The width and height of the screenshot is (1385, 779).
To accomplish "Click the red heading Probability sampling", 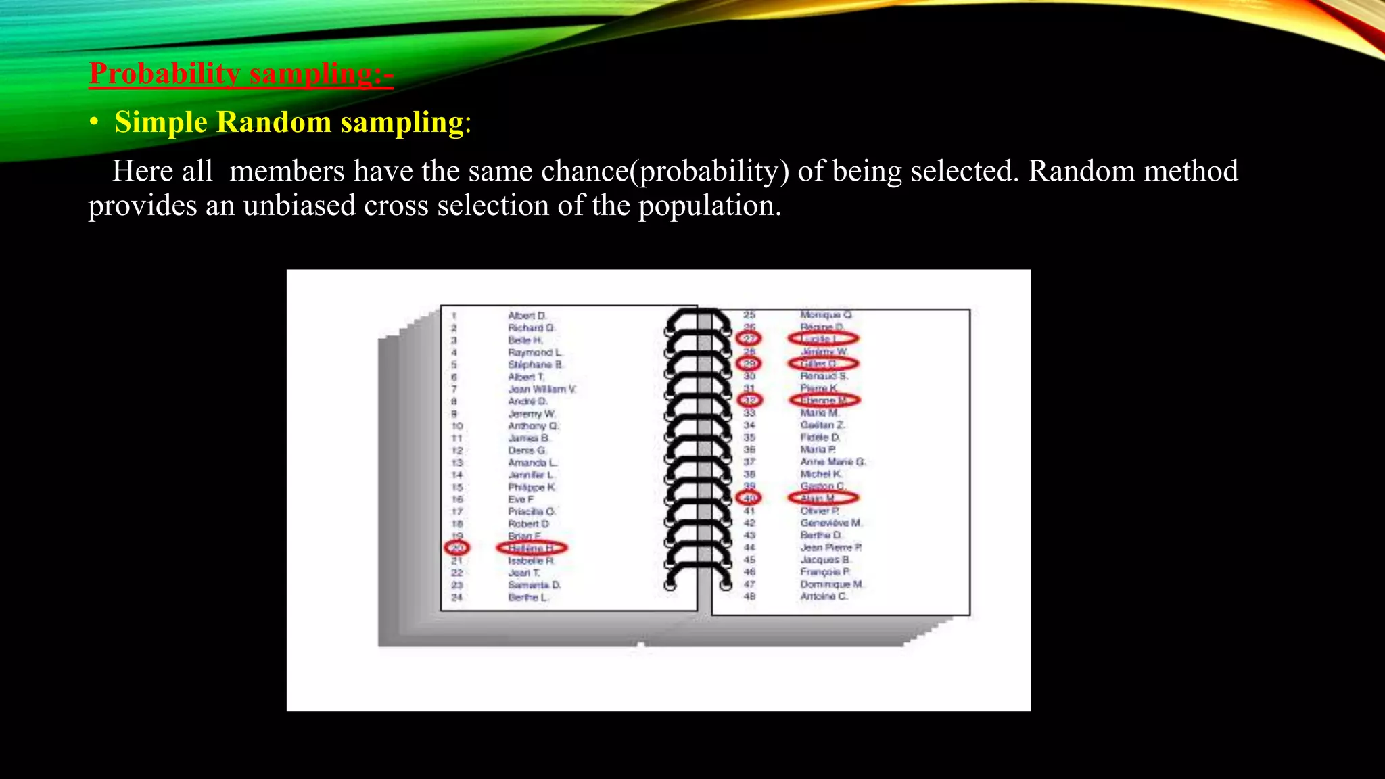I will coord(241,74).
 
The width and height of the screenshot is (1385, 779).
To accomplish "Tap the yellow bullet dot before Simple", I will coord(95,123).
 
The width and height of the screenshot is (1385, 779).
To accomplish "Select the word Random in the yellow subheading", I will coord(274,122).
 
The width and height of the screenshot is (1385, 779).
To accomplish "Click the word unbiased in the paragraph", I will coord(299,206).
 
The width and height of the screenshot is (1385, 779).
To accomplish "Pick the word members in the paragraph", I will coord(287,171).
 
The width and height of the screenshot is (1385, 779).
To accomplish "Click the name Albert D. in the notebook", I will coord(527,316).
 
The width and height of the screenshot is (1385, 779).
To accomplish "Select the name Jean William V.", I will coord(542,389).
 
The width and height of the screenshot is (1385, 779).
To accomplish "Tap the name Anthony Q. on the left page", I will coord(533,426).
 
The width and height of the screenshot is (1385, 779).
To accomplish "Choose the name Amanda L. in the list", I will coord(532,463).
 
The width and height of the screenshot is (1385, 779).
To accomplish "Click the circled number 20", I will coord(457,548).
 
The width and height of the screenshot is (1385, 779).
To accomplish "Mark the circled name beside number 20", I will coord(532,548).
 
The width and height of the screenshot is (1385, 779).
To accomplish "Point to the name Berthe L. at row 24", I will coord(528,597).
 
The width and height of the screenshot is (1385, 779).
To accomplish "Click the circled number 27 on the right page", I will coord(749,339).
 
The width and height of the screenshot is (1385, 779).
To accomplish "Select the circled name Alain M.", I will coord(822,498).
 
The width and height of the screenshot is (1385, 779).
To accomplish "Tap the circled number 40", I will coord(749,498).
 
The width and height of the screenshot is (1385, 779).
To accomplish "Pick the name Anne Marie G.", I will coord(832,462).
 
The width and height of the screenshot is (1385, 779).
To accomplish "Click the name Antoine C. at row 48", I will coord(823,596).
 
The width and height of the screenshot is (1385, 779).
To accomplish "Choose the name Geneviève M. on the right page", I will coord(830,523).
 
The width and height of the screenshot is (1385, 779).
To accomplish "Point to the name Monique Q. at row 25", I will coord(826,315).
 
